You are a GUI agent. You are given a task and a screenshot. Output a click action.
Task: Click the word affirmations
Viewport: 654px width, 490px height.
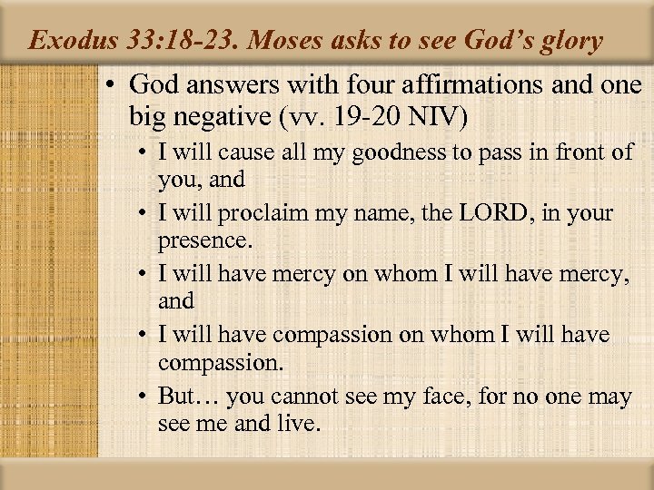tap(467, 84)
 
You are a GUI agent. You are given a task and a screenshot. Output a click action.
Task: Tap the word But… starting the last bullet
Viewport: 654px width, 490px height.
tap(188, 396)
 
